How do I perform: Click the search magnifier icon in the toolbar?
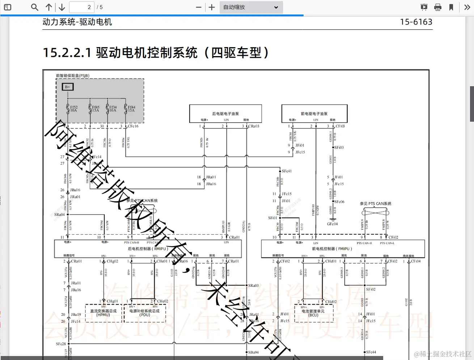[35, 7]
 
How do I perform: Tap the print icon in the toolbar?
[438, 7]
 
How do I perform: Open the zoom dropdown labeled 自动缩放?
[251, 7]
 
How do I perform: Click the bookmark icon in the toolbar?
[451, 7]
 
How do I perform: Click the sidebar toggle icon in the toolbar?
[7, 7]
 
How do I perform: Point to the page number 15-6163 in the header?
[416, 22]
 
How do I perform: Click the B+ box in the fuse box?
[68, 87]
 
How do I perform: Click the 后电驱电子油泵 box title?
[225, 114]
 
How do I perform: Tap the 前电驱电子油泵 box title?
[314, 114]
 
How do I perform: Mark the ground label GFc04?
[332, 224]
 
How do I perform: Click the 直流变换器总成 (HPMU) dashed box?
[103, 313]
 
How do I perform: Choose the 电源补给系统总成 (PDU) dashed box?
[145, 313]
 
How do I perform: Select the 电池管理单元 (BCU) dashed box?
[313, 313]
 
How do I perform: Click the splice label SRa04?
[59, 215]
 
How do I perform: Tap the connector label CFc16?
[133, 126]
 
